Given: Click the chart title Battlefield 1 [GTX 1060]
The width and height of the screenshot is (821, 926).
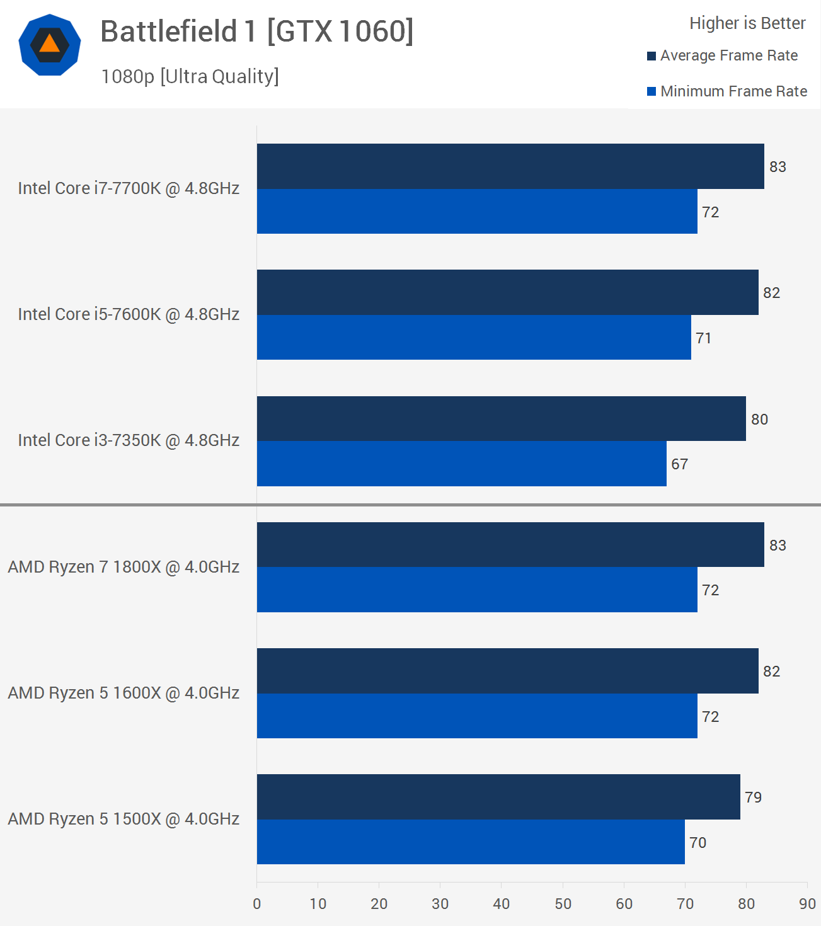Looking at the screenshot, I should (x=256, y=31).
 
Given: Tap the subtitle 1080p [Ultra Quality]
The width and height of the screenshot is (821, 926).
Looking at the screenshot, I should (x=190, y=76).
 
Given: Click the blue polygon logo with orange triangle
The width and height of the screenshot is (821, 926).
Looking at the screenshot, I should (x=50, y=45).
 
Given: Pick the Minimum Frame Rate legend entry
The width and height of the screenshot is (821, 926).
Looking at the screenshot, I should (x=727, y=91).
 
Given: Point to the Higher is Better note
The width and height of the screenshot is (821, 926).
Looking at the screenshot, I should (x=747, y=23).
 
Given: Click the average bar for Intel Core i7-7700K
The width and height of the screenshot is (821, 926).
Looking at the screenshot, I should (x=510, y=166).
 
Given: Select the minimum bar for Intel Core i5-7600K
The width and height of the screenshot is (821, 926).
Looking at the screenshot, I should (x=474, y=338).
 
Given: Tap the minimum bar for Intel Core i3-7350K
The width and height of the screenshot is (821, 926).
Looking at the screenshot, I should (x=461, y=464).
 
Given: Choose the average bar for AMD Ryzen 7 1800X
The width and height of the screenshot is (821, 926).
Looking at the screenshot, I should (x=510, y=545).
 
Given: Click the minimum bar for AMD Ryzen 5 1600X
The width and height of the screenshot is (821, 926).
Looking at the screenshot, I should (x=477, y=716).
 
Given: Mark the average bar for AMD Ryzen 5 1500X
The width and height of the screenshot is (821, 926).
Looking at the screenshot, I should (x=498, y=797).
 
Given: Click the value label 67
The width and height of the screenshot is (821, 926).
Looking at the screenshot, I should (x=679, y=464).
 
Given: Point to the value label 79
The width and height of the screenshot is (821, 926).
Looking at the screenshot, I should (x=753, y=797).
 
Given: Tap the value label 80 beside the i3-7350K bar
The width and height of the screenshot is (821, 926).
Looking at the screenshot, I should (x=759, y=420).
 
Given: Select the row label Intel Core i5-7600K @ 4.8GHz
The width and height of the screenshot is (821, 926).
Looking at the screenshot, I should (x=129, y=314).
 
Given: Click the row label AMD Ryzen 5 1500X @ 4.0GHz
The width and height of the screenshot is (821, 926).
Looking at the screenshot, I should (x=123, y=819).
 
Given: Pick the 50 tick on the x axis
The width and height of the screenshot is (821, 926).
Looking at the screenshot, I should (x=563, y=904).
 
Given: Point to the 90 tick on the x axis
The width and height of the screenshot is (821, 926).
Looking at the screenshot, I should (x=807, y=904).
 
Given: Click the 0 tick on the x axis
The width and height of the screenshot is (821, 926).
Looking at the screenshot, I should (x=257, y=904).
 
